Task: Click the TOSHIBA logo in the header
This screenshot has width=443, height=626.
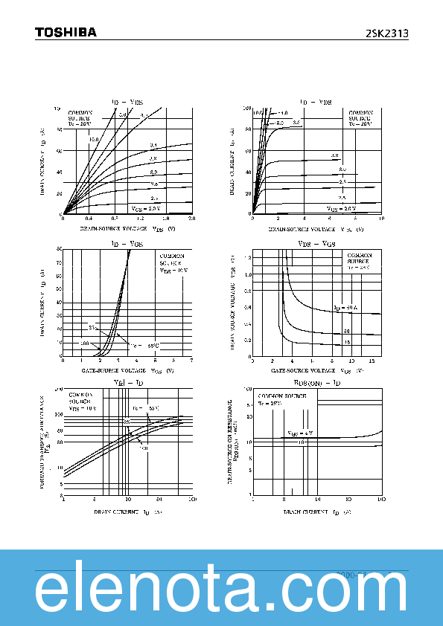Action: point(66,33)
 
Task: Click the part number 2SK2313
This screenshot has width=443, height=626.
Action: point(386,33)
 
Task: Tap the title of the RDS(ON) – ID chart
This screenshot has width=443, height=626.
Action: point(319,382)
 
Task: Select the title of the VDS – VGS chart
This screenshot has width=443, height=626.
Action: point(316,243)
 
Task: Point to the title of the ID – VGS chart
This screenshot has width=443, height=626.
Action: point(127,243)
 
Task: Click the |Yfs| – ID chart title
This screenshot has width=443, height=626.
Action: point(127,382)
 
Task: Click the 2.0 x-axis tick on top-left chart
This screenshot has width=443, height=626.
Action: point(191,219)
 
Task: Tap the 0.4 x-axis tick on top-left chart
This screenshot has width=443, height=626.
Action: point(89,219)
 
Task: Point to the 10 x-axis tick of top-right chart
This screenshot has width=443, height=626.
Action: point(380,219)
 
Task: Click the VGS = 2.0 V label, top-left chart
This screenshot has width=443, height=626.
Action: point(144,208)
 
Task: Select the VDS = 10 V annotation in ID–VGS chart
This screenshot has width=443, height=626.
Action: point(173,271)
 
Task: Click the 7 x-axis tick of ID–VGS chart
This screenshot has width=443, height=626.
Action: point(191,361)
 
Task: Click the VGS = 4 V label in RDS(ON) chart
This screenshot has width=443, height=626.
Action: point(300,433)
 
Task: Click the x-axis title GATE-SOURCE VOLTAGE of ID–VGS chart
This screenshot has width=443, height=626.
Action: point(127,370)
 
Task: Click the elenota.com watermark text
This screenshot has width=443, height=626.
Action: point(221,591)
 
